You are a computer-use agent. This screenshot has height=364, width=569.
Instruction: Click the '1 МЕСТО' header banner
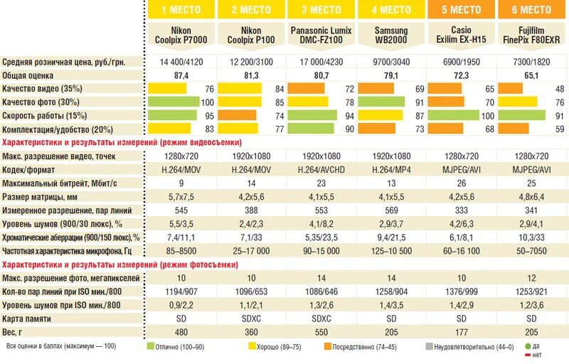(x=181, y=10)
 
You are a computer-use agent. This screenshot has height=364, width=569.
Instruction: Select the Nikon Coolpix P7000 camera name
(x=181, y=36)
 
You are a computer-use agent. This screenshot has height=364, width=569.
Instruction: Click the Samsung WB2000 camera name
(x=391, y=36)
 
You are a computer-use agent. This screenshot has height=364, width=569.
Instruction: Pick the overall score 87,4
(x=181, y=75)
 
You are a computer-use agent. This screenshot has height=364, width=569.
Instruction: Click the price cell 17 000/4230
(x=321, y=63)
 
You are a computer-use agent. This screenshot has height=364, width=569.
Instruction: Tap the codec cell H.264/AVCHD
(x=321, y=169)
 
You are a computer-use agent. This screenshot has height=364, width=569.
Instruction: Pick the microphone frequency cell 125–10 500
(x=391, y=251)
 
